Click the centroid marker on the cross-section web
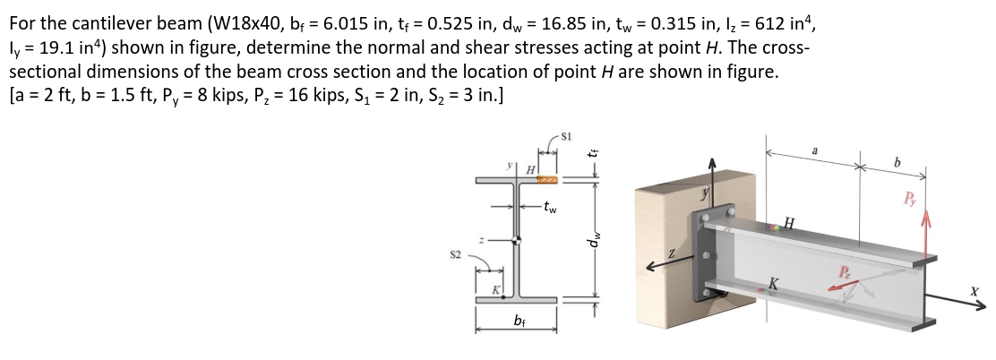click(517, 240)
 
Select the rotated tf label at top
click(592, 152)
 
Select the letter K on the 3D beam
click(772, 284)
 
